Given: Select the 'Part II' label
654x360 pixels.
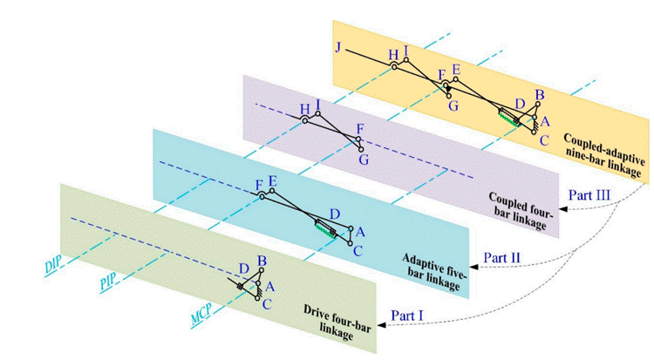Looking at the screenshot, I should [504, 259].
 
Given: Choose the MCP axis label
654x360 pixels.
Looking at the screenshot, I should [201, 311].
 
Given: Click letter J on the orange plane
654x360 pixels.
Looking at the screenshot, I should [337, 46].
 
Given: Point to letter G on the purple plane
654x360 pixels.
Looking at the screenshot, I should [364, 160].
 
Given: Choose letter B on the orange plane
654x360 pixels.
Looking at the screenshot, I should [540, 95].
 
